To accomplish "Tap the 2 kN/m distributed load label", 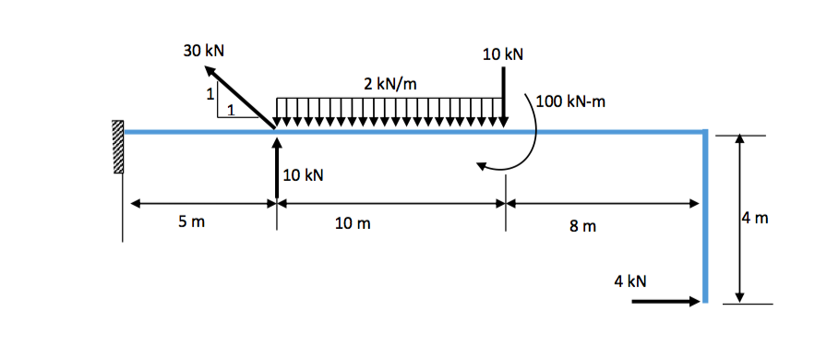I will [x=390, y=84].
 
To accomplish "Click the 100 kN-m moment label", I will [x=569, y=102].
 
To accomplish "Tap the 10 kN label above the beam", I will [x=502, y=54].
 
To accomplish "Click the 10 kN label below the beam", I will [x=304, y=174].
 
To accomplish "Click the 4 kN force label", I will [x=630, y=280].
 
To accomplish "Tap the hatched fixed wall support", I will [x=117, y=148].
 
